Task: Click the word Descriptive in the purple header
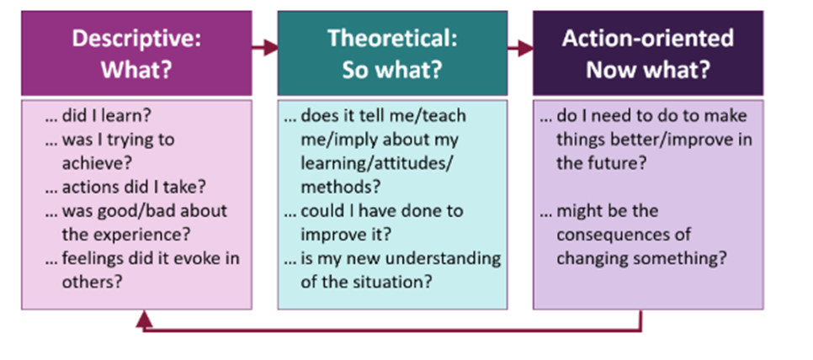pyautogui.click(x=135, y=39)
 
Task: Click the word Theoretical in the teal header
pyautogui.click(x=392, y=39)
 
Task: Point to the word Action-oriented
pyautogui.click(x=647, y=39)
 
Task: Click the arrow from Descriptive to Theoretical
pyautogui.click(x=265, y=49)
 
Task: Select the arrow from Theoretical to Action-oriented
pyautogui.click(x=521, y=49)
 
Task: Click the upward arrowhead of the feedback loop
pyautogui.click(x=144, y=320)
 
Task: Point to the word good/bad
pyautogui.click(x=143, y=211)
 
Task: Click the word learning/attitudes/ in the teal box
pyautogui.click(x=376, y=163)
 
